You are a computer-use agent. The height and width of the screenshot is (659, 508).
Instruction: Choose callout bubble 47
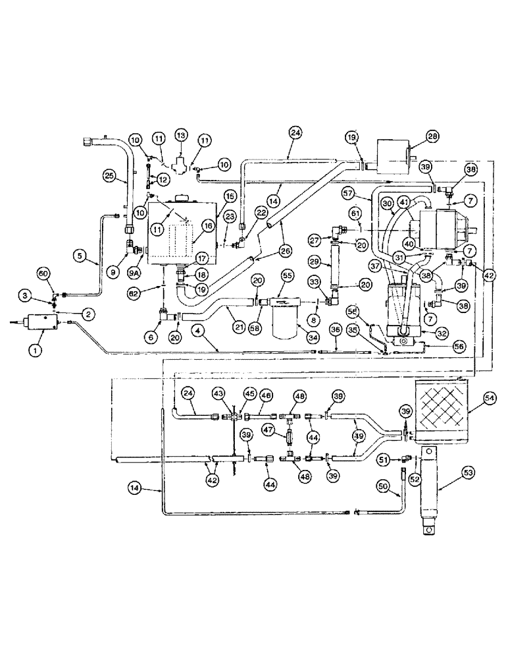[x=268, y=428]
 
